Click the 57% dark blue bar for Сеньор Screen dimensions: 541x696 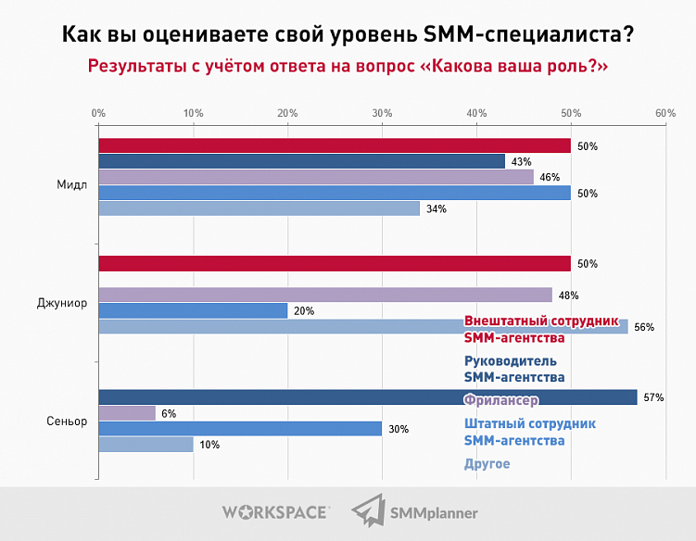point(367,397)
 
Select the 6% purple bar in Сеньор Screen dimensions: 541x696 point(127,413)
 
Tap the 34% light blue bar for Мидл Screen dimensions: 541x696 point(259,208)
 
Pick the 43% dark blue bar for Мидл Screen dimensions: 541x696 point(301,161)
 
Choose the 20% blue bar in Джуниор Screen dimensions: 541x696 point(193,310)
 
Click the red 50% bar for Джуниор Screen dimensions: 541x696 point(334,264)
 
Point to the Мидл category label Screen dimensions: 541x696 point(72,183)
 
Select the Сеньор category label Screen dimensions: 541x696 point(67,421)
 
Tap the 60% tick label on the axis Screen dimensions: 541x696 point(664,112)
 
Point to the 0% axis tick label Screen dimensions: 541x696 point(98,112)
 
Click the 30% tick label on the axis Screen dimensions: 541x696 point(382,112)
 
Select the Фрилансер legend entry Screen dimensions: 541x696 point(500,399)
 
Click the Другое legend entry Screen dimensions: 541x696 point(487,463)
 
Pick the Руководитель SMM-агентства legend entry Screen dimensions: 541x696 point(513,369)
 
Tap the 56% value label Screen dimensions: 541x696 point(644,327)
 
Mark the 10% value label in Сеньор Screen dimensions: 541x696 point(209,445)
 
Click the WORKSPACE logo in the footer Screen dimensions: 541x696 point(275,510)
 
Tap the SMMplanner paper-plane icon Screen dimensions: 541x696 point(369,510)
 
